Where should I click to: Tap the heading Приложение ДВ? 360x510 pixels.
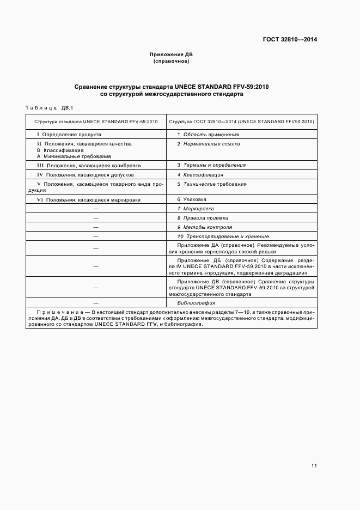coord(171,54)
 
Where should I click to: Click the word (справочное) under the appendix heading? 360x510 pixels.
coord(171,61)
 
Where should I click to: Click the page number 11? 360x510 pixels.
coord(314,466)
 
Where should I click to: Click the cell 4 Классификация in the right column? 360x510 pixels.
coord(200,175)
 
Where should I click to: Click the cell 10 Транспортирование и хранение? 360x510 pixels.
coord(223,236)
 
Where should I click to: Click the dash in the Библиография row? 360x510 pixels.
coord(96,302)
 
